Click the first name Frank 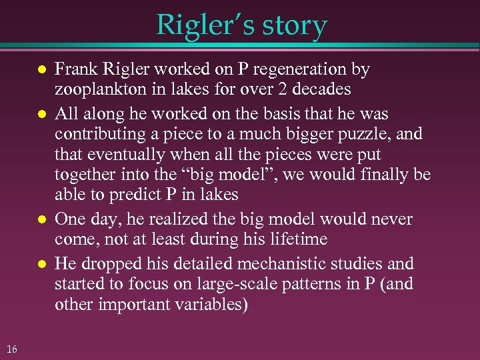coord(75,69)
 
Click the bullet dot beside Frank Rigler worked coord(41,70)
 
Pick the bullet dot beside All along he coord(41,114)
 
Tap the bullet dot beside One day coord(41,220)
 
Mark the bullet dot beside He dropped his coord(41,264)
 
